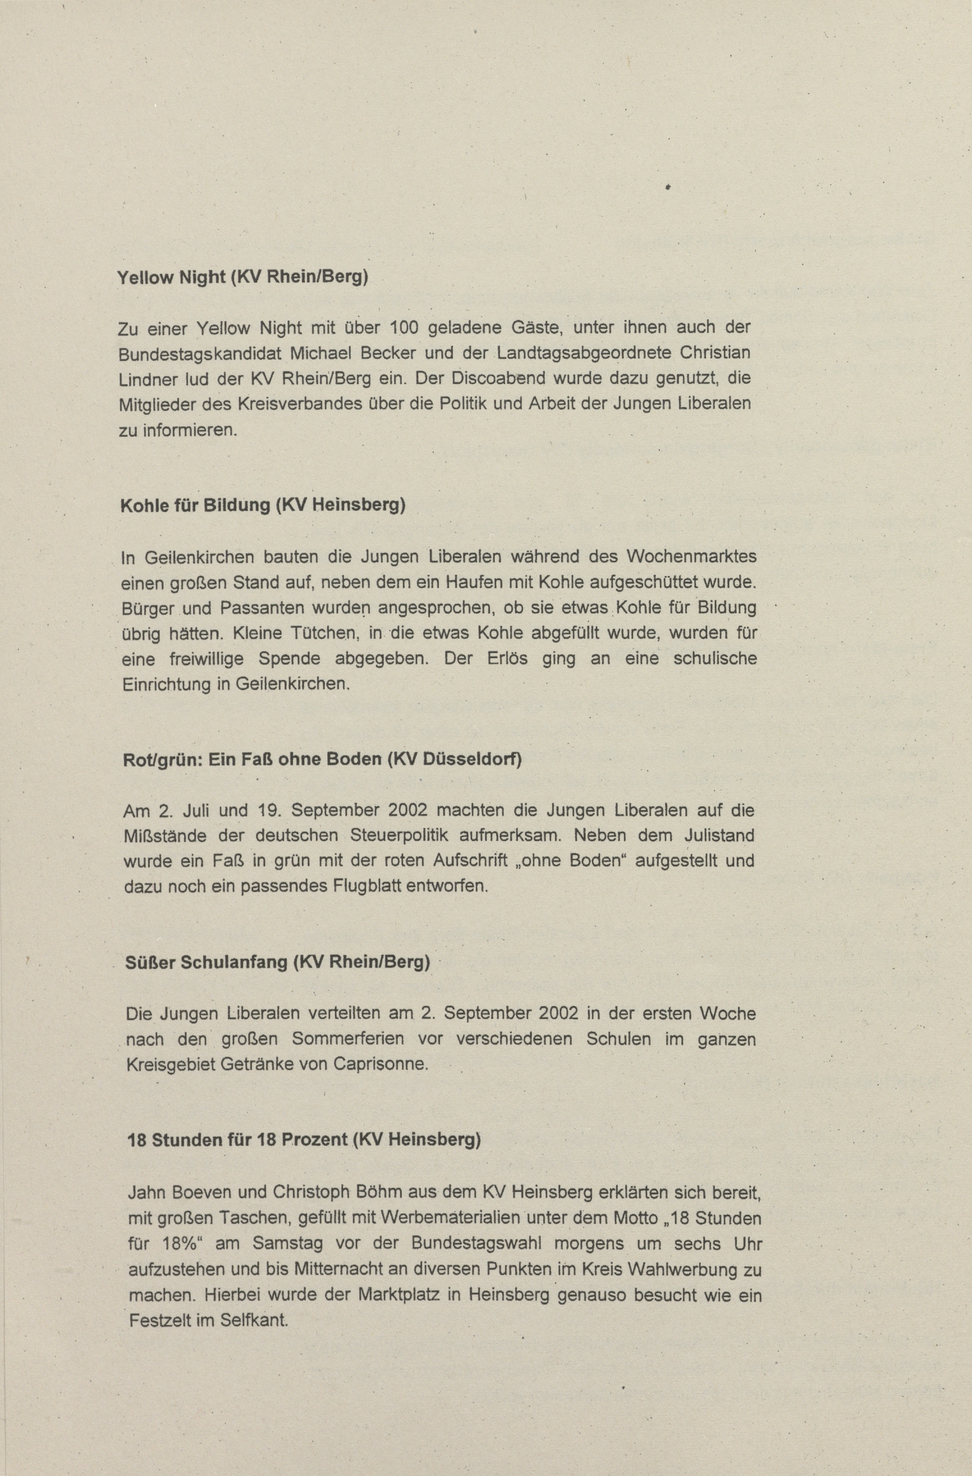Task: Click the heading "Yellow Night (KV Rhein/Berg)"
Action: point(243,277)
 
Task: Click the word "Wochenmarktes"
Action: point(691,556)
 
